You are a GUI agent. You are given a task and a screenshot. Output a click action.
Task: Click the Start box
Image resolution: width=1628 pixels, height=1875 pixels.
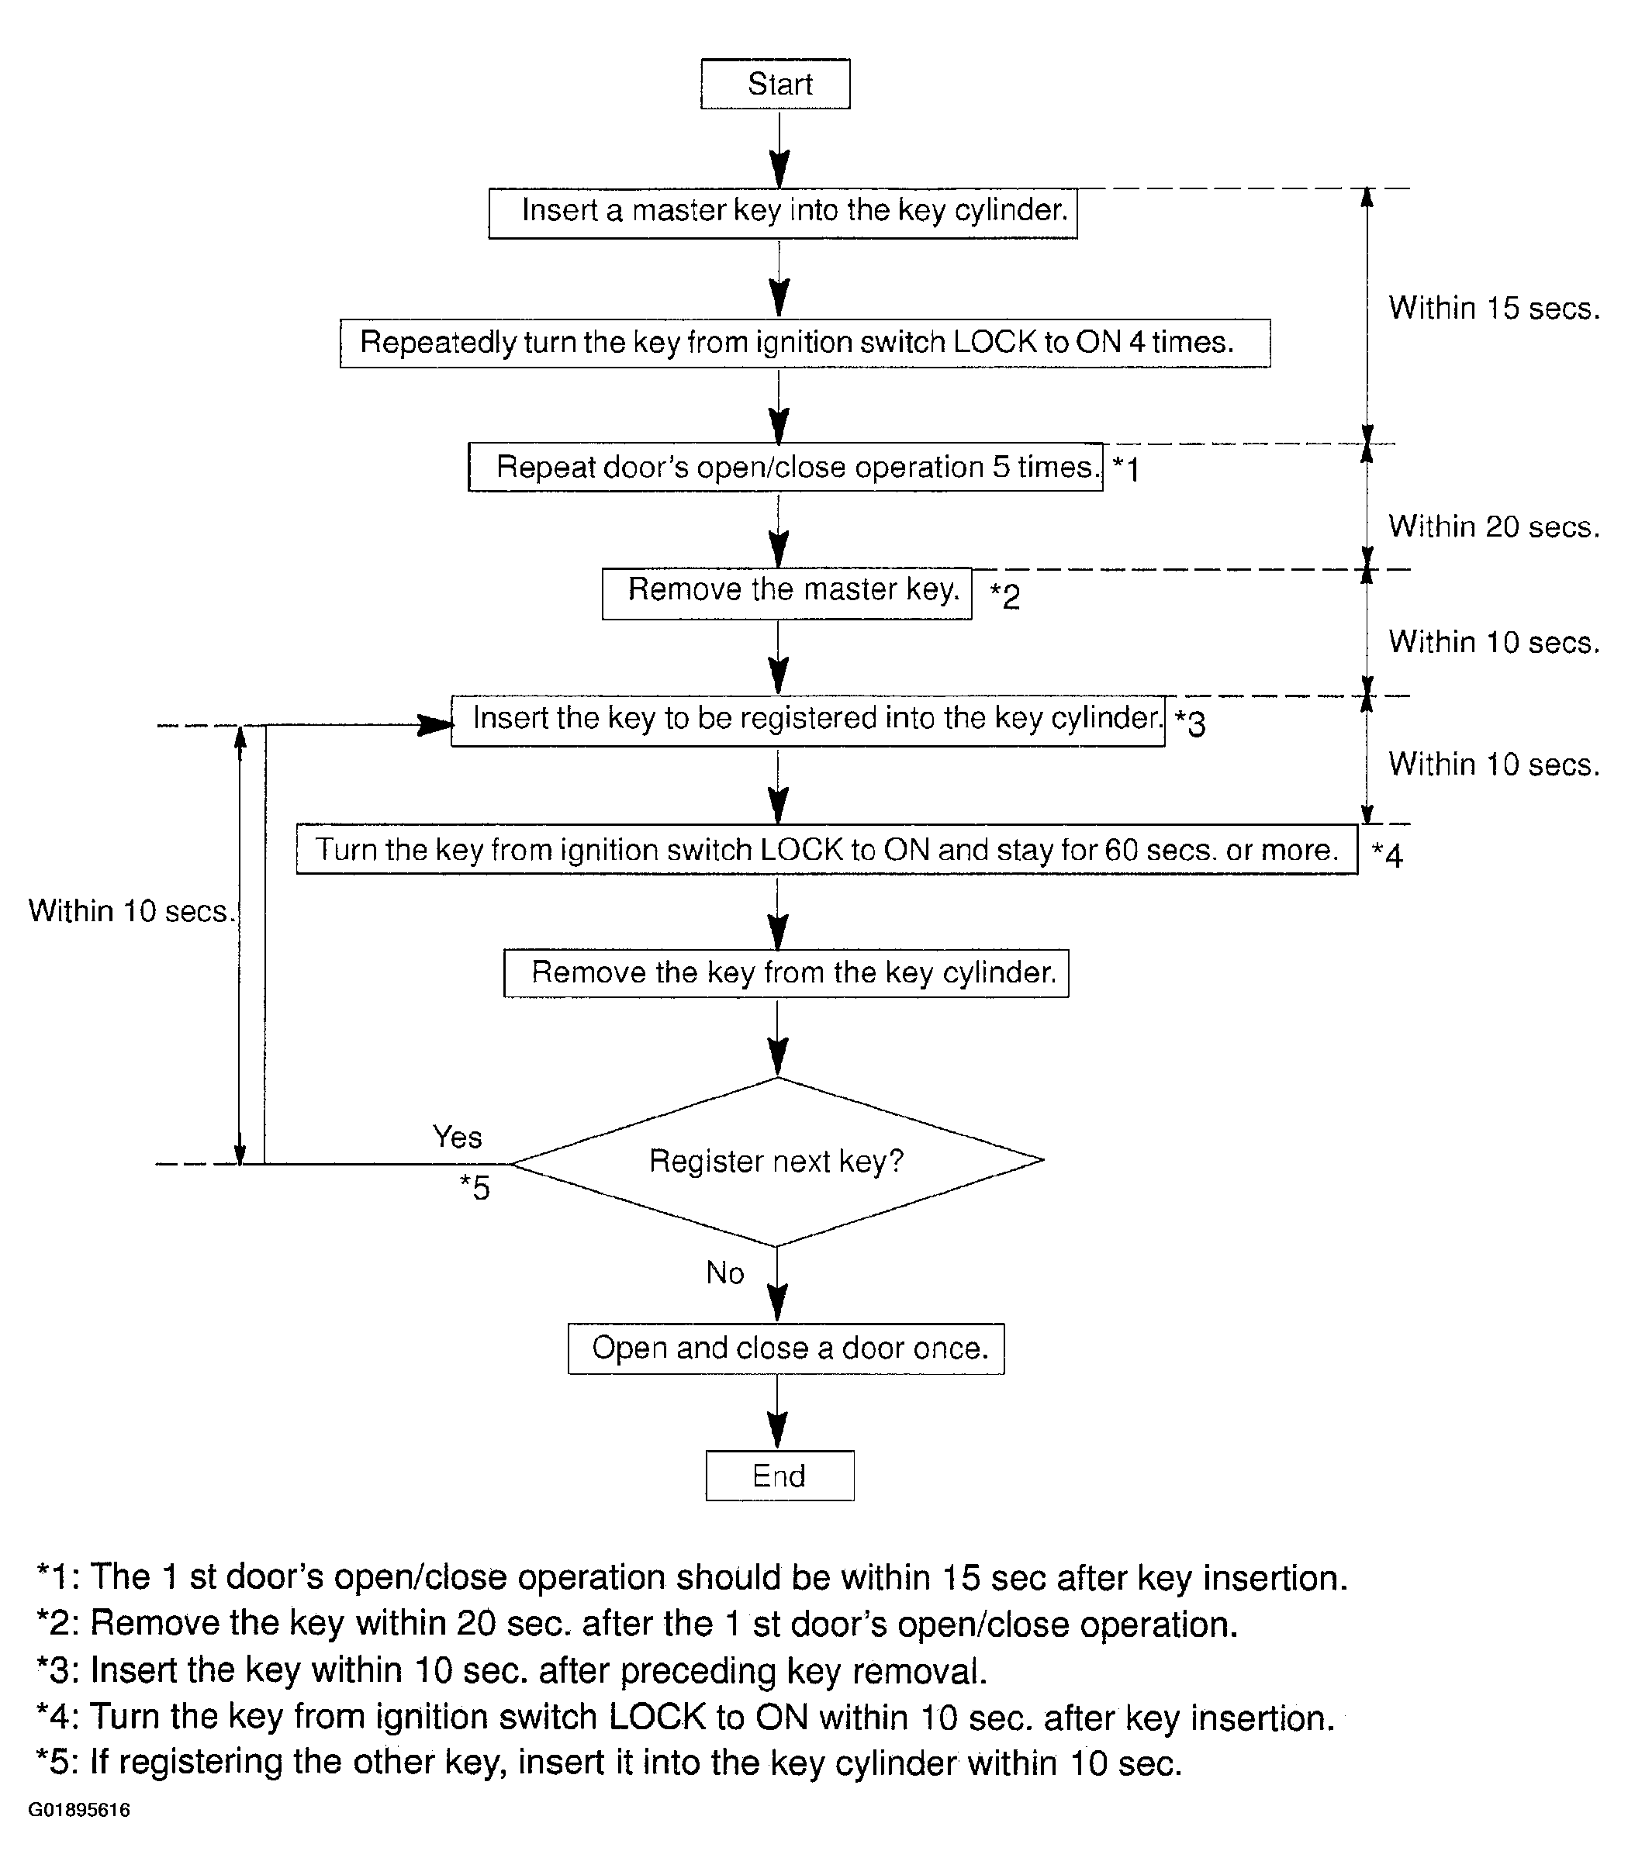click(775, 84)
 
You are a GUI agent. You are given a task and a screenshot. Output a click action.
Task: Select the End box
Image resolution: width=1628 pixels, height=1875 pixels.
click(779, 1476)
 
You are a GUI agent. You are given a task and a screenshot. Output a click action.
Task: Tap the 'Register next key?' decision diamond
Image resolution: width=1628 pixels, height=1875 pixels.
click(776, 1161)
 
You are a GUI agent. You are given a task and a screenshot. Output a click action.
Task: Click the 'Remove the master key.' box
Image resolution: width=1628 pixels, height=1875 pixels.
click(786, 593)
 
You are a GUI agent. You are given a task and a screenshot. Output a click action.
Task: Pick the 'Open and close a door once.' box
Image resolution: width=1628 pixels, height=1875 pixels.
click(786, 1348)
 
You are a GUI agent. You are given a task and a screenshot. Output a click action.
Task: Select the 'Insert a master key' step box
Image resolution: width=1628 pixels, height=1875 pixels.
click(783, 213)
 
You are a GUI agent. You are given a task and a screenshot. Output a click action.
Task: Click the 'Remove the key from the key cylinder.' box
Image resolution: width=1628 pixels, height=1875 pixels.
click(786, 973)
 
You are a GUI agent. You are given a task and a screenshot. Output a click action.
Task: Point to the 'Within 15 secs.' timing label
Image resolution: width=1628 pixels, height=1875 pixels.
click(1494, 308)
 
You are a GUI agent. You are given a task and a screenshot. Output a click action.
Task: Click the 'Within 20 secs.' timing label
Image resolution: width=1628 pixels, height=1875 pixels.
click(1494, 526)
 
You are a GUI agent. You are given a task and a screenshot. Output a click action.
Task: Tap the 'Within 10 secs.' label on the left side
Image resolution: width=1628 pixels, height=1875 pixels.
click(133, 910)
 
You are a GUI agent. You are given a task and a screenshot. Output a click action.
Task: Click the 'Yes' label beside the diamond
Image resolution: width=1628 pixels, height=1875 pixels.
click(457, 1137)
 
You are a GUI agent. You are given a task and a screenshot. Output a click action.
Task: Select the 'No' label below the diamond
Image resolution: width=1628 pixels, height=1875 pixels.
click(725, 1272)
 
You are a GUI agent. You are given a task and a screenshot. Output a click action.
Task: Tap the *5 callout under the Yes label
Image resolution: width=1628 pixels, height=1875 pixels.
click(474, 1187)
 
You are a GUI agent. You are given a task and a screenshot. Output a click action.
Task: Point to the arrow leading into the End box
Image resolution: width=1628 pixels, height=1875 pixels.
click(778, 1412)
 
